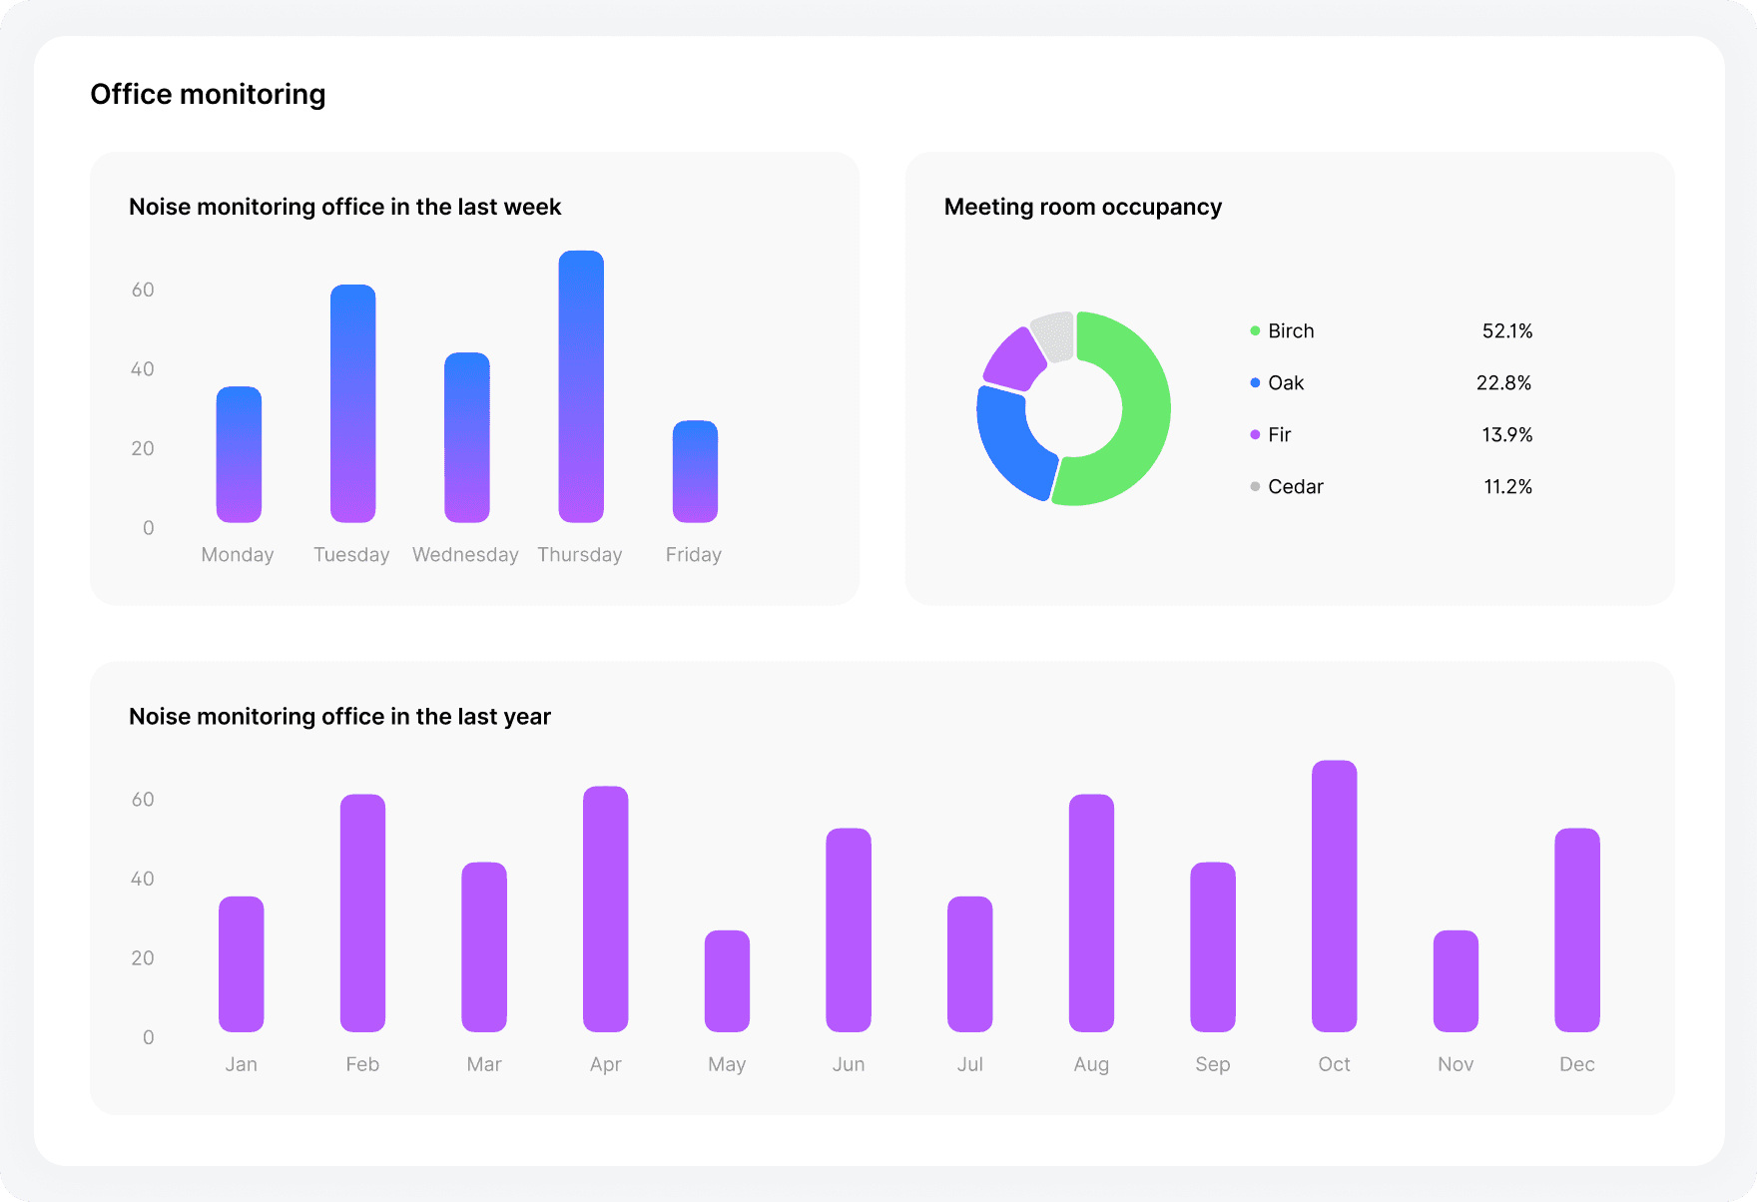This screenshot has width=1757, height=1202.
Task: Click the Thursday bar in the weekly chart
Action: coord(581,386)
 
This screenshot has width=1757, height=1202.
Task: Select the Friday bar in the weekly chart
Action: coord(695,471)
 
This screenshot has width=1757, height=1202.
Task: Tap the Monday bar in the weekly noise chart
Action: coord(239,454)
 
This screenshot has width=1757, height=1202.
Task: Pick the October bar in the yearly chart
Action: coord(1334,896)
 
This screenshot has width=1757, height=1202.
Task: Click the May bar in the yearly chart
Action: coord(727,980)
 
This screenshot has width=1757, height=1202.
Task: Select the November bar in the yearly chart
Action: coord(1456,980)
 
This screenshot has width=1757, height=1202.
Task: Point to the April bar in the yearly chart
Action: coord(606,908)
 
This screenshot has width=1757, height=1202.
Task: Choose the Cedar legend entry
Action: coord(1295,487)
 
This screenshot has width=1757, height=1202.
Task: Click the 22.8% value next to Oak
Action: coord(1503,383)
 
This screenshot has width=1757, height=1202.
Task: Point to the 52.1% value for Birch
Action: coord(1506,331)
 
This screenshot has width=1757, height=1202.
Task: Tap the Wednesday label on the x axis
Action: coord(465,555)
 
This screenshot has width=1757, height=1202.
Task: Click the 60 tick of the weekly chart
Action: coord(143,291)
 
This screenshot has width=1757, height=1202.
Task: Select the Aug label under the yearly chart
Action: coord(1091,1065)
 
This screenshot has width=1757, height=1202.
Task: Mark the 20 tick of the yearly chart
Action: coord(143,958)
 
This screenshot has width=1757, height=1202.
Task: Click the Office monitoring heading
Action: coord(208,95)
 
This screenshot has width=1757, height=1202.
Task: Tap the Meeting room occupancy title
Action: coord(1082,207)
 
